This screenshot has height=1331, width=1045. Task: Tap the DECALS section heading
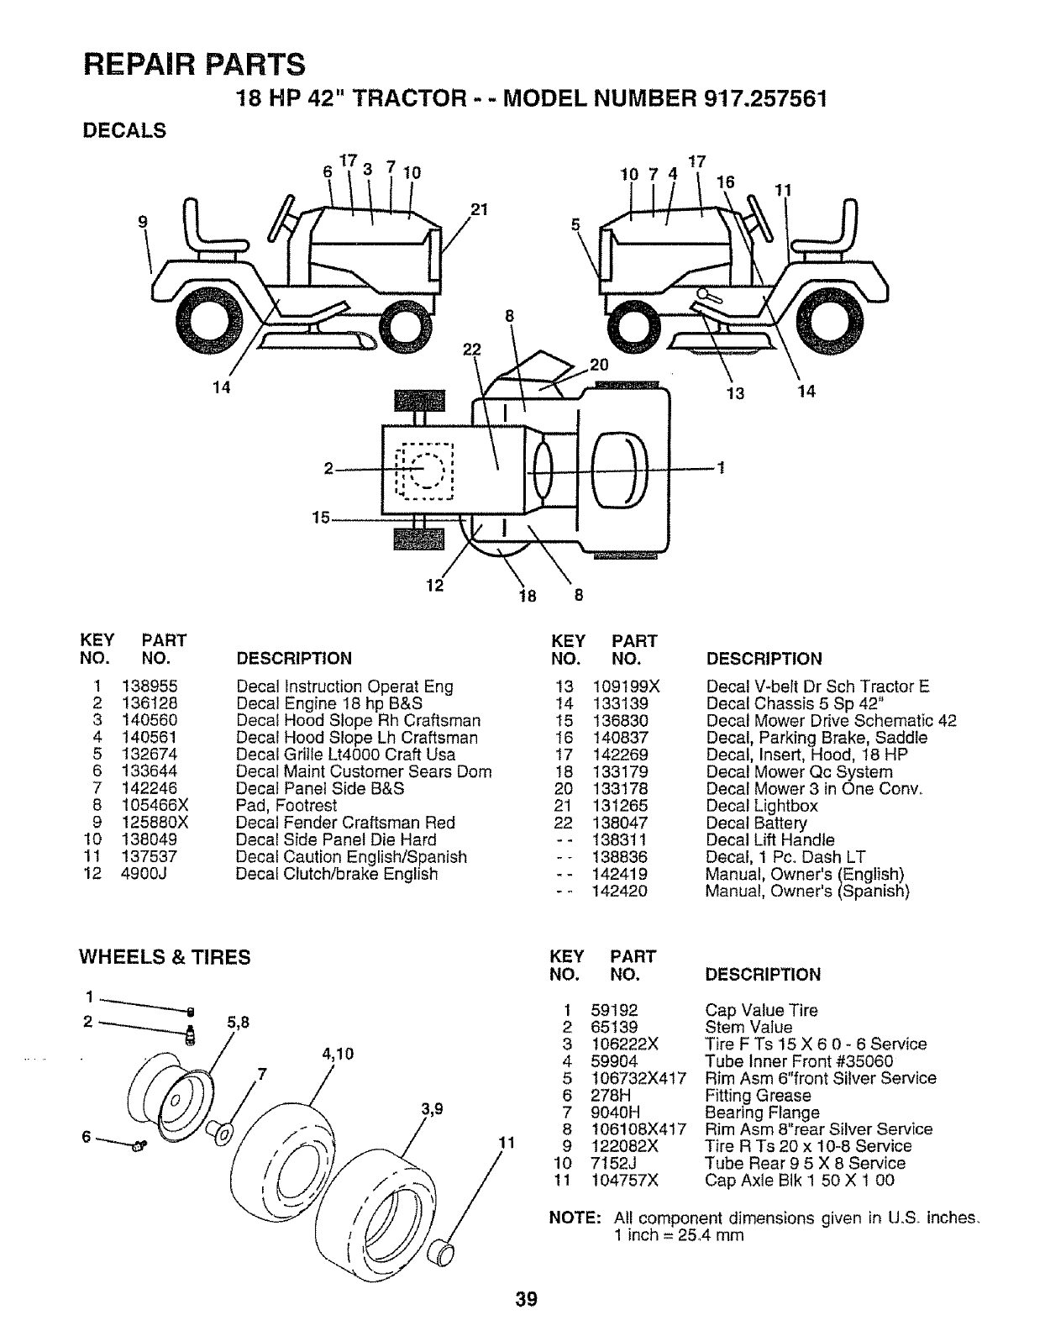pos(123,131)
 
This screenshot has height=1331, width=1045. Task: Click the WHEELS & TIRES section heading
pos(165,958)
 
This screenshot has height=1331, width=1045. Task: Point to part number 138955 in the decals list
pos(149,687)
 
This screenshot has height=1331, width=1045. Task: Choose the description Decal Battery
pos(756,823)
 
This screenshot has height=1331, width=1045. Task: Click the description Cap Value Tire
pos(761,1010)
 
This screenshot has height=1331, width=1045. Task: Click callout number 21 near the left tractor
pos(479,209)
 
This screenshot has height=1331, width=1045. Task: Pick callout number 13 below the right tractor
pos(736,392)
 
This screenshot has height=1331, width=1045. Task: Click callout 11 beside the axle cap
pos(506,1142)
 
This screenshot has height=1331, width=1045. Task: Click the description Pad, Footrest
pos(286,806)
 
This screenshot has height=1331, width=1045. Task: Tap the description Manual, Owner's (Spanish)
pos(807,891)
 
